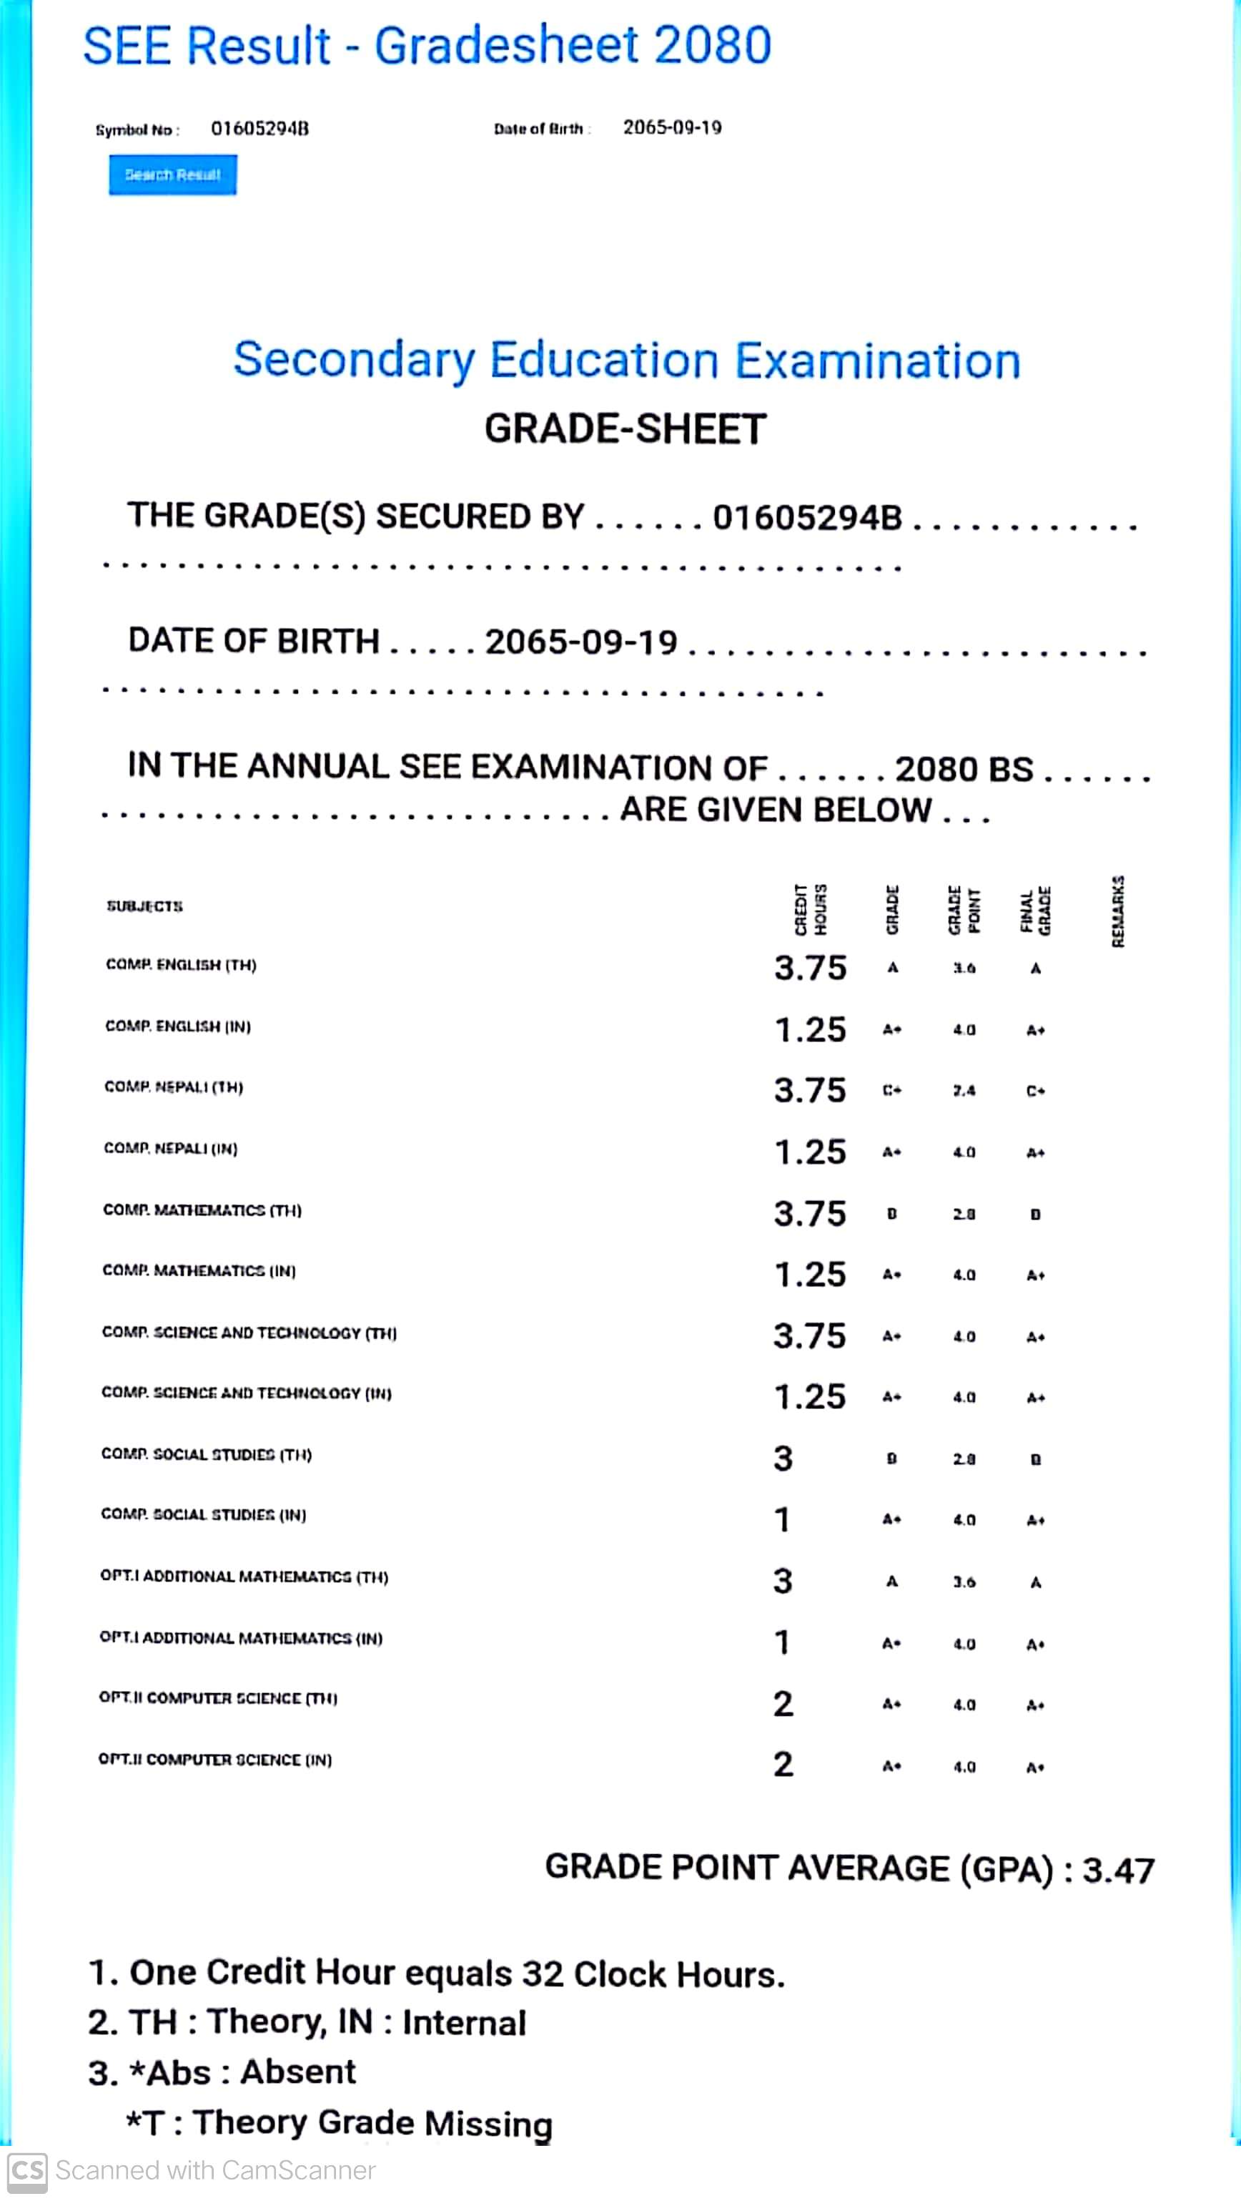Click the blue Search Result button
pyautogui.click(x=172, y=175)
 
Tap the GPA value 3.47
pyautogui.click(x=1118, y=1871)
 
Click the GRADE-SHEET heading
pyautogui.click(x=626, y=429)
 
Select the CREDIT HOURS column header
pyautogui.click(x=810, y=910)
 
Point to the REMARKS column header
pyautogui.click(x=1118, y=911)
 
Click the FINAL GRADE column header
pyautogui.click(x=1035, y=910)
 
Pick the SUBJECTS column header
pyautogui.click(x=144, y=906)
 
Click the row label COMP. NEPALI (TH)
pyautogui.click(x=174, y=1087)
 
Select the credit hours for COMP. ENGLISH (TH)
pyautogui.click(x=810, y=968)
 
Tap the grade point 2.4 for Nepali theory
pyautogui.click(x=964, y=1091)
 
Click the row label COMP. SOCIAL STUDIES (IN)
pyautogui.click(x=203, y=1515)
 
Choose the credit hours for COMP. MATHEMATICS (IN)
pyautogui.click(x=810, y=1275)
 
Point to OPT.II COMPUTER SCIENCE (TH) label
pyautogui.click(x=218, y=1699)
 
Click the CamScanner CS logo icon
pyautogui.click(x=26, y=2171)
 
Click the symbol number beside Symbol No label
pyautogui.click(x=259, y=129)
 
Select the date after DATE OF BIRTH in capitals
pyautogui.click(x=580, y=642)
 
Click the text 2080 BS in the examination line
pyautogui.click(x=964, y=769)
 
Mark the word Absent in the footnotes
pyautogui.click(x=297, y=2072)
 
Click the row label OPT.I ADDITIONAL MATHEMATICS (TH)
pyautogui.click(x=244, y=1577)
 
